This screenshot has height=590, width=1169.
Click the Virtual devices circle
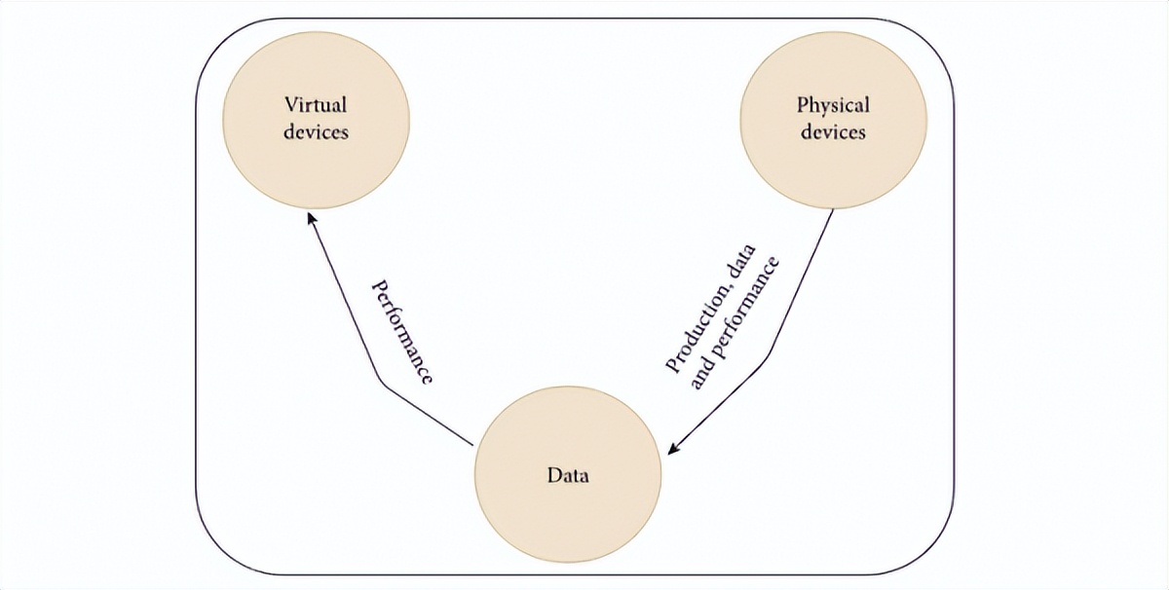(x=317, y=117)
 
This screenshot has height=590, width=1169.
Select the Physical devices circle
(x=833, y=117)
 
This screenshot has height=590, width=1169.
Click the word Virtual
(x=316, y=104)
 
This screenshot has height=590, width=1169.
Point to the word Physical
(x=833, y=104)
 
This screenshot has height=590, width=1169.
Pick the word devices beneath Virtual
(x=316, y=131)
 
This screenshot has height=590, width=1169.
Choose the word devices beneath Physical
(x=833, y=131)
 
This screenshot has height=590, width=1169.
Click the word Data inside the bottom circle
(x=568, y=478)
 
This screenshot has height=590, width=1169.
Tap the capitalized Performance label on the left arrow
(x=402, y=332)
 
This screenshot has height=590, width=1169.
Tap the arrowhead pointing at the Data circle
(x=673, y=449)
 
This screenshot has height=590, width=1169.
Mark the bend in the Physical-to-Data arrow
(x=773, y=350)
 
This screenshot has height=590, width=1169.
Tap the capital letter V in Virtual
(x=289, y=104)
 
